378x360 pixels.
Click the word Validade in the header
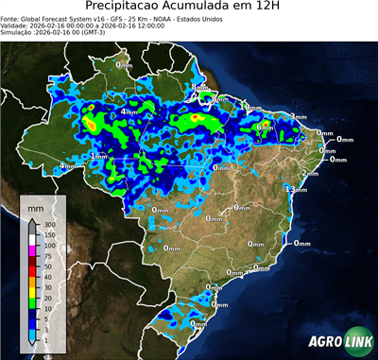pyautogui.click(x=16, y=26)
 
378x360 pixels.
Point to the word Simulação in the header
pyautogui.click(x=19, y=33)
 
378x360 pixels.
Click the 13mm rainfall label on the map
pyautogui.click(x=297, y=190)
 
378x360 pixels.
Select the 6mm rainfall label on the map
pyautogui.click(x=264, y=127)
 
